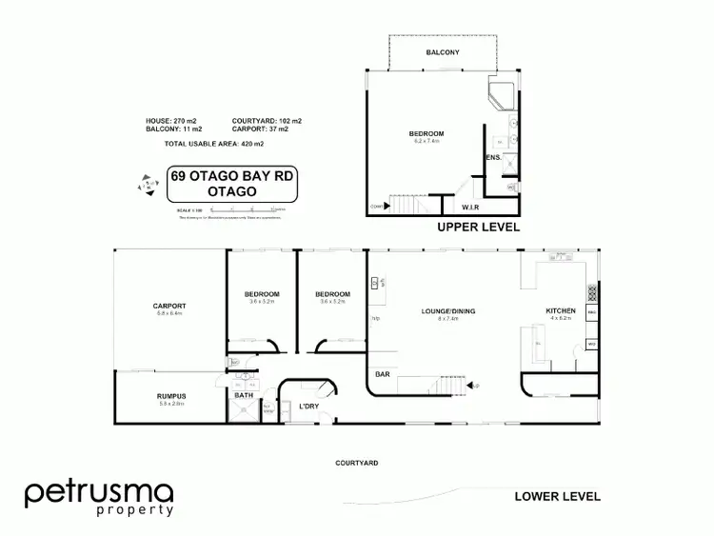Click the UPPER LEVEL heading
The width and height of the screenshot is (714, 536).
click(477, 228)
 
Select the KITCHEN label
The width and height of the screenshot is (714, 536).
click(560, 311)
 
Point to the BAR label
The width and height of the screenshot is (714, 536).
click(385, 376)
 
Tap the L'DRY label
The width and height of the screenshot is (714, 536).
click(307, 407)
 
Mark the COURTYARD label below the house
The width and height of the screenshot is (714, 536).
click(357, 463)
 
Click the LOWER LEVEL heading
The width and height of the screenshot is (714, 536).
click(557, 496)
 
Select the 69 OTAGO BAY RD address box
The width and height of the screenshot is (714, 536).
click(226, 184)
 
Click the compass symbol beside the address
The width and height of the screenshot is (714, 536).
click(147, 185)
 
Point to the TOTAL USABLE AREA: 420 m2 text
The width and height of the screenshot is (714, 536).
click(213, 144)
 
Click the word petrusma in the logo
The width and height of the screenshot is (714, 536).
click(99, 493)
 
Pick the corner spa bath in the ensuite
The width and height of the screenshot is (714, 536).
click(501, 95)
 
